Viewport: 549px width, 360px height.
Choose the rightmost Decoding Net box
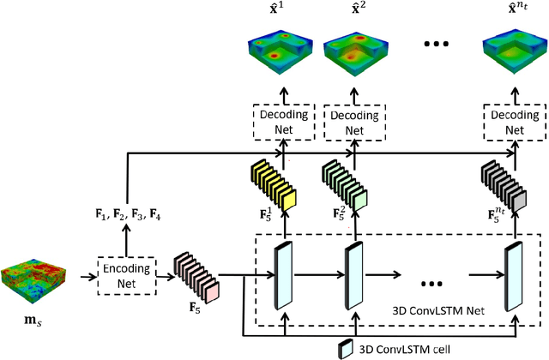(x=514, y=122)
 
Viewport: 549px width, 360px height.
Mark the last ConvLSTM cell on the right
(x=513, y=277)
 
